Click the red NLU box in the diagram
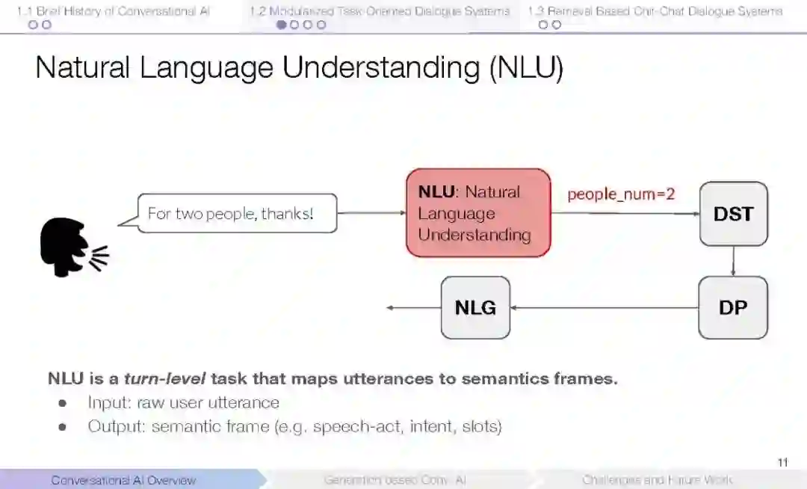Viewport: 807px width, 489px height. (478, 213)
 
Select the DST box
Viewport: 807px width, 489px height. (733, 214)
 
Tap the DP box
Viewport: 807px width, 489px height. (733, 307)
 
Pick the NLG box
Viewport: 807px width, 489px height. (475, 307)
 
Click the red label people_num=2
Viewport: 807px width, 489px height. (621, 194)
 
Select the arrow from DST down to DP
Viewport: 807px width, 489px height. (733, 261)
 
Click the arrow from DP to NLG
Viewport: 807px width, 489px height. (604, 307)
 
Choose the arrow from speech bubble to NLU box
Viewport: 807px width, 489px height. (371, 213)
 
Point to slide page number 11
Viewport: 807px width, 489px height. (782, 463)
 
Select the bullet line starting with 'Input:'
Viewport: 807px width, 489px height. (183, 403)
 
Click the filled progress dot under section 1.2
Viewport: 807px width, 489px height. (282, 25)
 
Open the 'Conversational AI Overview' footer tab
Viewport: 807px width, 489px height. (123, 480)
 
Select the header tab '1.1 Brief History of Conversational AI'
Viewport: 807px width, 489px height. (114, 11)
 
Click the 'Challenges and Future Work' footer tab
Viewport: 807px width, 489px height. (658, 480)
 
